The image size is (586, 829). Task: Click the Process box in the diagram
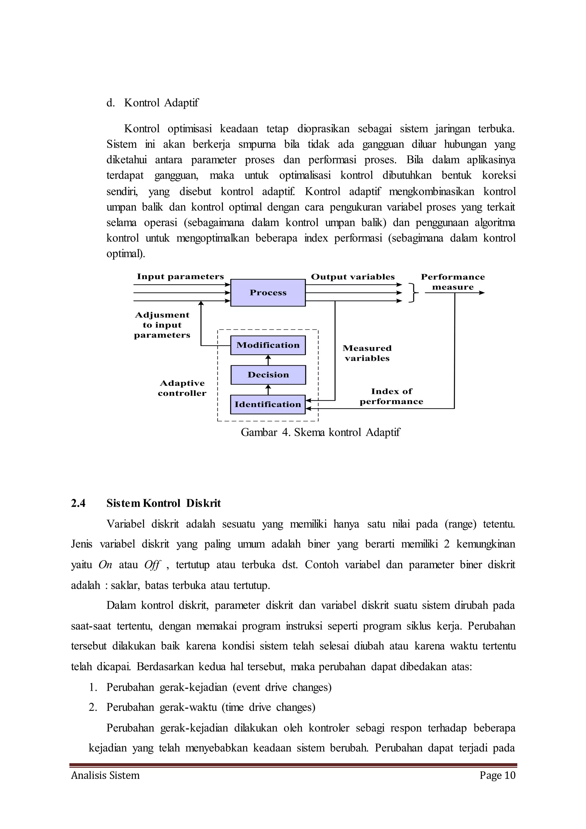point(268,293)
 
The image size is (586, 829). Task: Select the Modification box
point(268,345)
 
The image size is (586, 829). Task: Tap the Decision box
point(268,375)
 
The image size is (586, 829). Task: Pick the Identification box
point(268,404)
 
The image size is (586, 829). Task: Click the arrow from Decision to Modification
point(268,360)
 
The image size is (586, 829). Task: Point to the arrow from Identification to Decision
point(268,390)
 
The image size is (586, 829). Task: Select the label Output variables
point(353,277)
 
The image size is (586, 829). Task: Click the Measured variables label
point(367,353)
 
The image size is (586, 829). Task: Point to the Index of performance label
point(391,396)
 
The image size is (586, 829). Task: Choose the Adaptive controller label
point(182,388)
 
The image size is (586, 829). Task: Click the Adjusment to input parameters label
point(162,325)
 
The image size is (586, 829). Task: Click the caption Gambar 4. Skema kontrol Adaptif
point(320,432)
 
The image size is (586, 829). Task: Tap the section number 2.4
point(78,503)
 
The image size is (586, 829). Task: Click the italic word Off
point(152,565)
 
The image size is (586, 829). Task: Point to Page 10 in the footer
point(497,775)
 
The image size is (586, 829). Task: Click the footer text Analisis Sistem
point(105,775)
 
